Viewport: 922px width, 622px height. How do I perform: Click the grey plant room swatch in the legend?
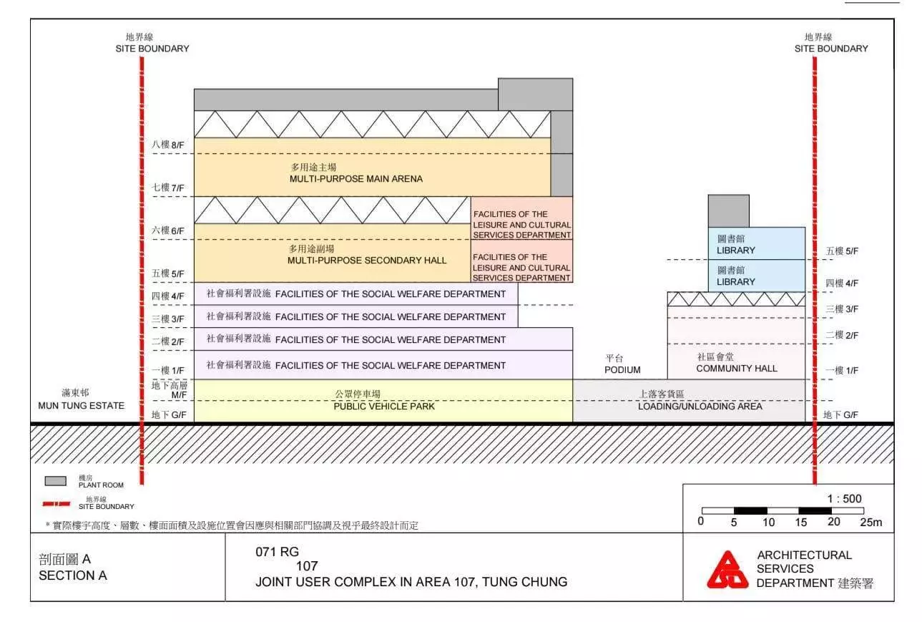click(x=55, y=481)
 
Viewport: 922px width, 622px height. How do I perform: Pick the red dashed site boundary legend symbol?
click(x=57, y=504)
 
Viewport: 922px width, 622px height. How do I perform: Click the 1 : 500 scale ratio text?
click(x=844, y=499)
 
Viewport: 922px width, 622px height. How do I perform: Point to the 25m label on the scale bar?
click(x=871, y=523)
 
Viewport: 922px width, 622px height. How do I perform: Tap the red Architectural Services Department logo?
click(x=727, y=570)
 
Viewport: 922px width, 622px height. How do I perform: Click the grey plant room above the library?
click(x=729, y=211)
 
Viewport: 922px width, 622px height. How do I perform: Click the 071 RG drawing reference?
click(x=277, y=552)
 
